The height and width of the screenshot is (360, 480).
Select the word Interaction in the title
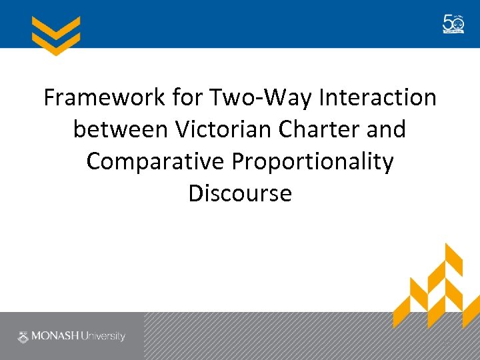[378, 98]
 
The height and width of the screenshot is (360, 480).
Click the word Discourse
[240, 193]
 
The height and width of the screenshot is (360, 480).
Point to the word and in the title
[386, 129]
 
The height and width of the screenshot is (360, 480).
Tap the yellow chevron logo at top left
[56, 35]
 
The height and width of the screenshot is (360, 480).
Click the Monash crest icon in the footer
[23, 337]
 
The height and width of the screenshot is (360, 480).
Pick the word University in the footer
[103, 337]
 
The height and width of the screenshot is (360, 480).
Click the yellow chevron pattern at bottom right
[433, 287]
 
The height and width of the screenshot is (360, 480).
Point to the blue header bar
[240, 24]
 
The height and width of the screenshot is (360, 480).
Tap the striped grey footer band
[267, 336]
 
